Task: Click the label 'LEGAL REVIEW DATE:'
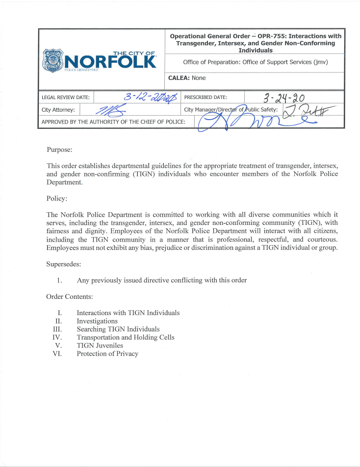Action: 66,98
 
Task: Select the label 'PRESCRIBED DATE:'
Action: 206,98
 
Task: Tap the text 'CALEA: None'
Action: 187,78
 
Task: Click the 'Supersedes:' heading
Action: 64,264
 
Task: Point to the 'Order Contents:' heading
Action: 70,296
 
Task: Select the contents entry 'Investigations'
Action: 97,321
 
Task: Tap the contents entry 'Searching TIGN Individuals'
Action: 118,329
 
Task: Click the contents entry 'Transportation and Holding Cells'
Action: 126,337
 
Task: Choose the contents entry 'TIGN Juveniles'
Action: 100,345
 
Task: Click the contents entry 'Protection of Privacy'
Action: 107,354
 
